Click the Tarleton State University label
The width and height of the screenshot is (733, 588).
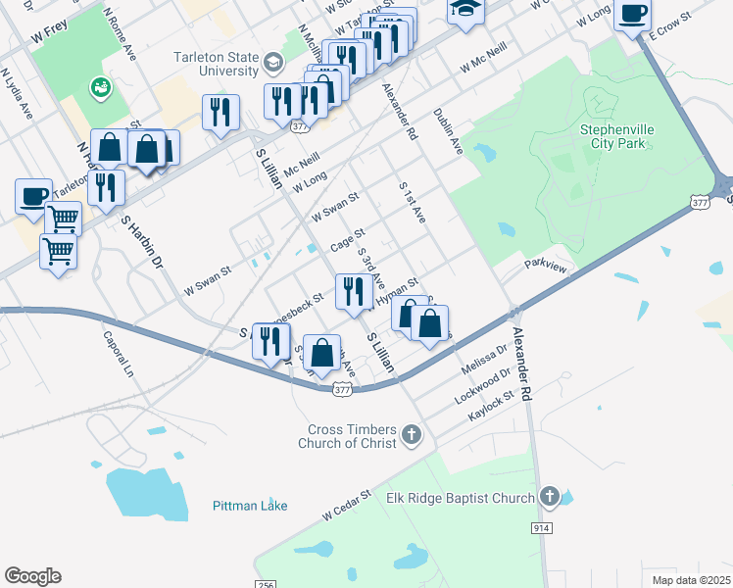click(216, 64)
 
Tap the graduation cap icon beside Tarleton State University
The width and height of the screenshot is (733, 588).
click(272, 65)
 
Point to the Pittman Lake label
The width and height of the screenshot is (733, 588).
click(250, 506)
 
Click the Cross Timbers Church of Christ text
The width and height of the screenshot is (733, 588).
click(352, 436)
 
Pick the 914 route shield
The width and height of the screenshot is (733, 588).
click(542, 528)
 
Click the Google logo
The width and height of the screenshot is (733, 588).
click(32, 576)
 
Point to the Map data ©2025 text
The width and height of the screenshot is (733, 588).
click(691, 580)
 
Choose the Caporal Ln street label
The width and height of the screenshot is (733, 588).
click(117, 354)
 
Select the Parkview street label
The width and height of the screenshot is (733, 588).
click(546, 265)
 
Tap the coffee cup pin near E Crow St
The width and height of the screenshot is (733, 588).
click(632, 14)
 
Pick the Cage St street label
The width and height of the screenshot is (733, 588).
click(347, 239)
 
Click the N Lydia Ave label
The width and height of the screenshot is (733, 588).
click(18, 93)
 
